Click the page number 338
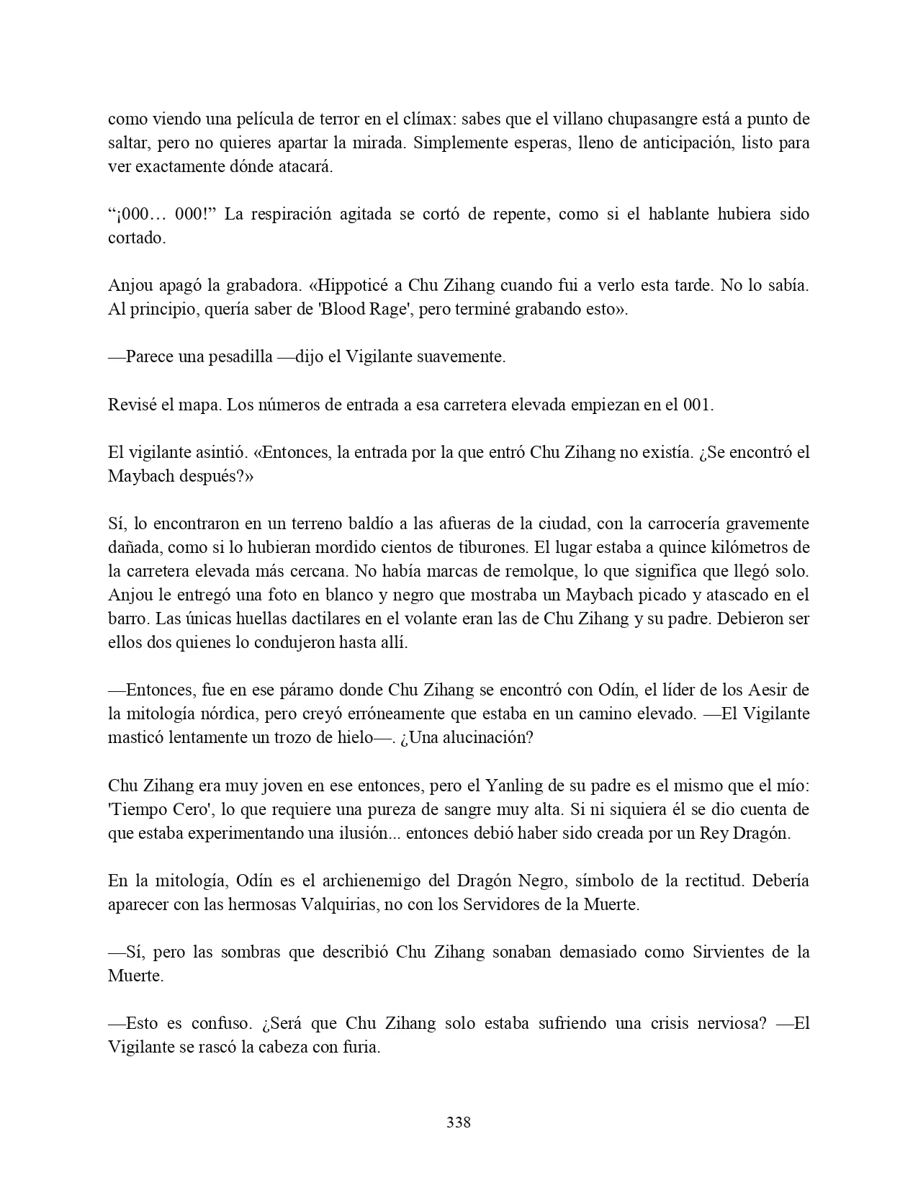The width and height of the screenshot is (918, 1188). point(459,1122)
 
